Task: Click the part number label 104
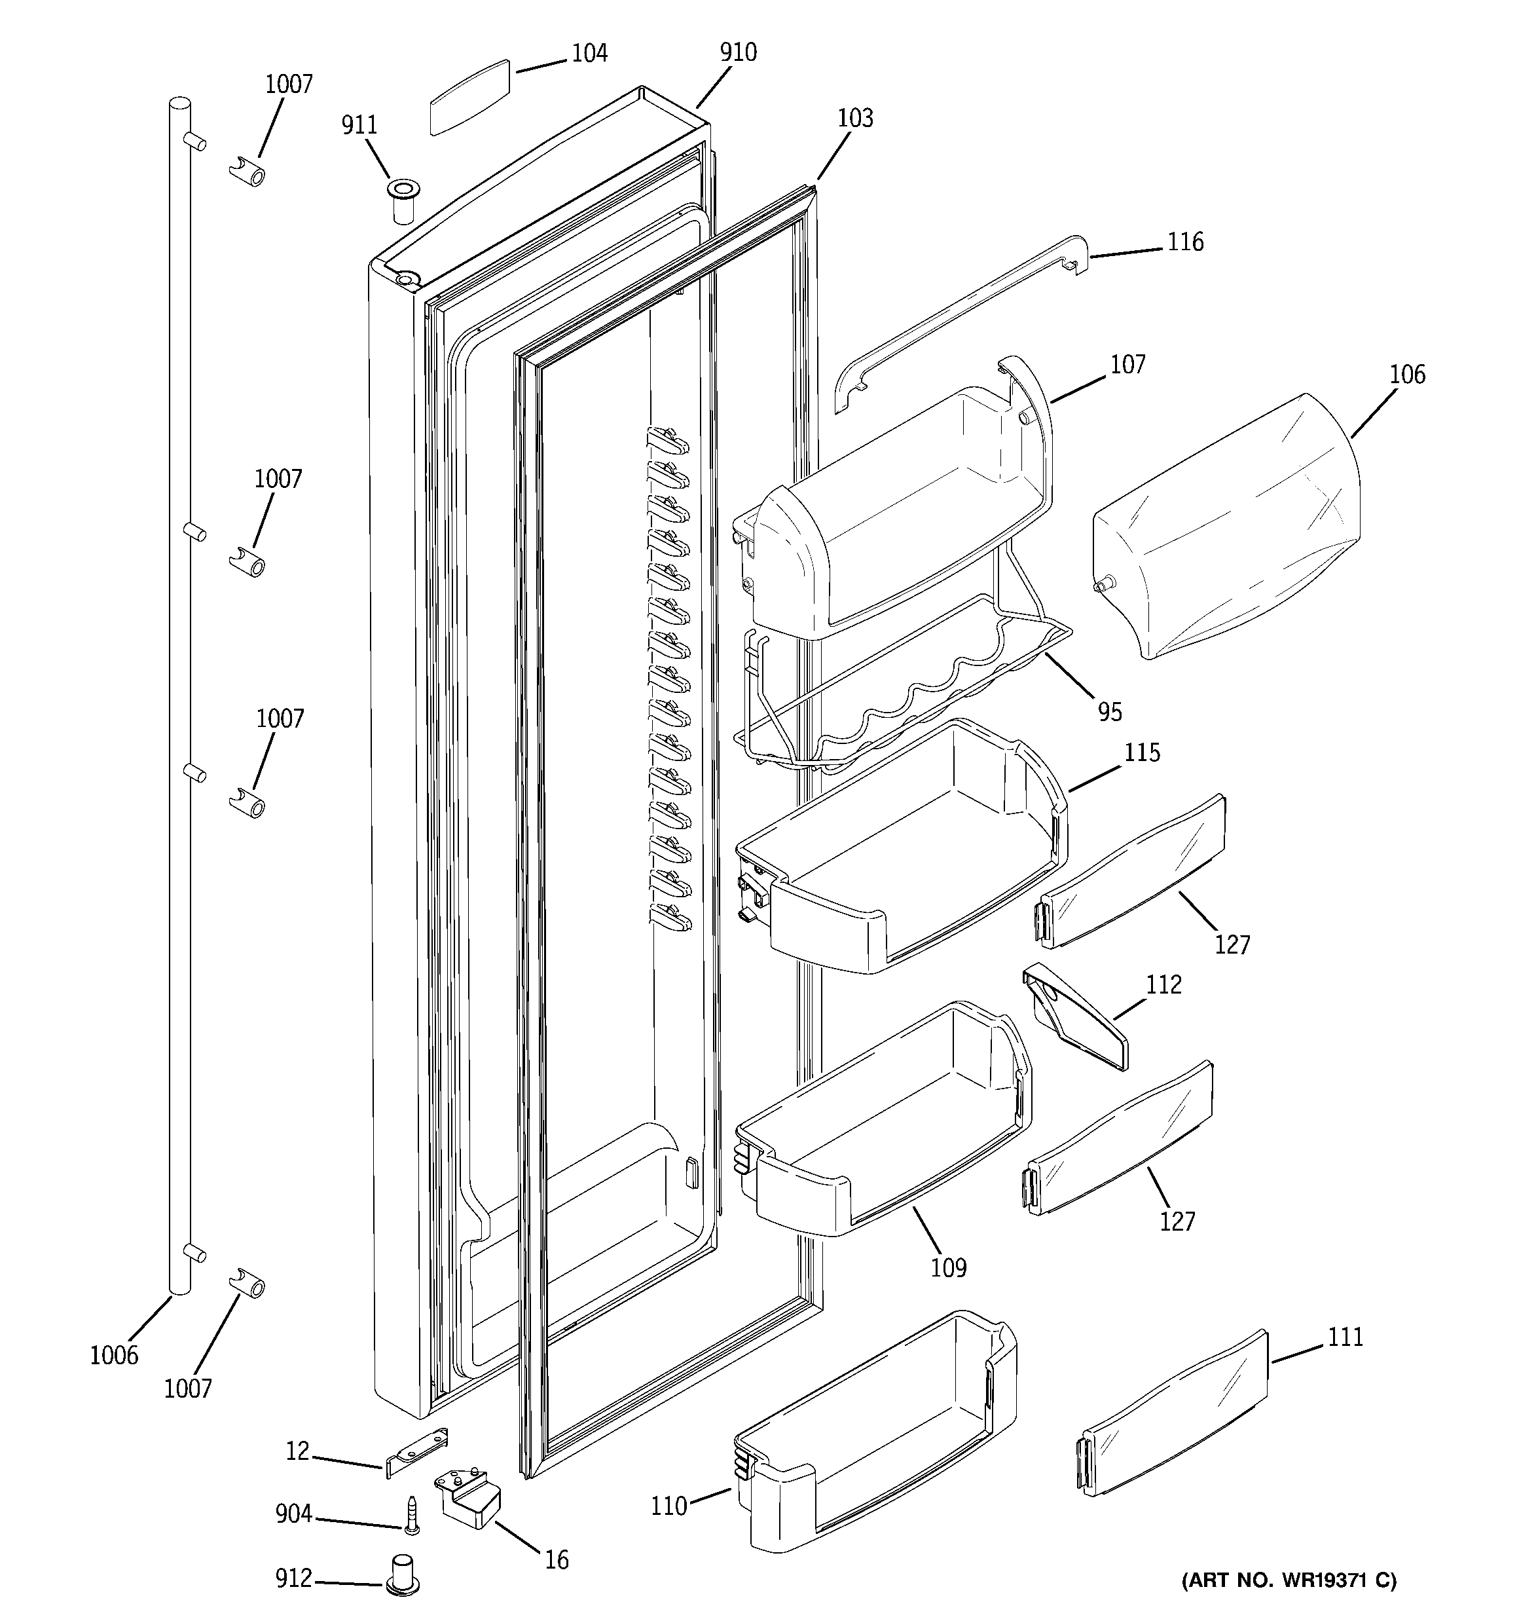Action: [589, 53]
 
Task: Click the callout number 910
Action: [738, 52]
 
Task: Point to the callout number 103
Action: [855, 119]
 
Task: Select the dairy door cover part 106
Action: [1226, 526]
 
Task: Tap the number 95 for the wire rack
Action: [1110, 712]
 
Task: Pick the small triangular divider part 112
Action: [1076, 1015]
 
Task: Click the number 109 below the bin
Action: [948, 1267]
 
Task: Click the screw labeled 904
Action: [412, 1515]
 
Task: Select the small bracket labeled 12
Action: [416, 1455]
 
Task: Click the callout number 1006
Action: [114, 1355]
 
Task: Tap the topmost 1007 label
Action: [289, 84]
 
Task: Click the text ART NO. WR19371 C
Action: [1289, 1580]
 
